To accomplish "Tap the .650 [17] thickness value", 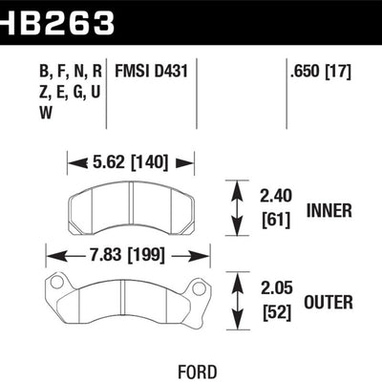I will (x=321, y=69).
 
